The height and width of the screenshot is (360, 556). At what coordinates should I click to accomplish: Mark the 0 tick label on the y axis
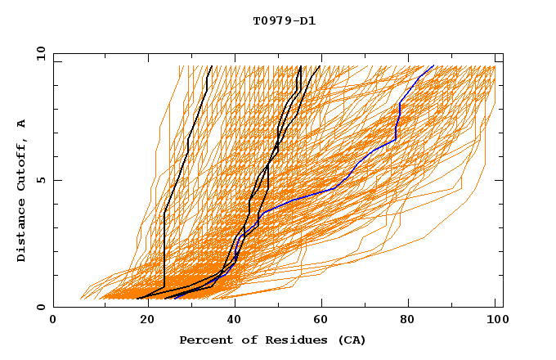(x=40, y=308)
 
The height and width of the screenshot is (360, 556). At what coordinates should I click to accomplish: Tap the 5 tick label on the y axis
(x=40, y=180)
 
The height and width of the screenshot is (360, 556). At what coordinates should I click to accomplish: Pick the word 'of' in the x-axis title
(x=243, y=340)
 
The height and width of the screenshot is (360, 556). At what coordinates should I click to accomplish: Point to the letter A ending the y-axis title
(x=22, y=124)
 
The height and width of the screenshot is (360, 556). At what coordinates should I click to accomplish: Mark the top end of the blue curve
(x=433, y=66)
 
